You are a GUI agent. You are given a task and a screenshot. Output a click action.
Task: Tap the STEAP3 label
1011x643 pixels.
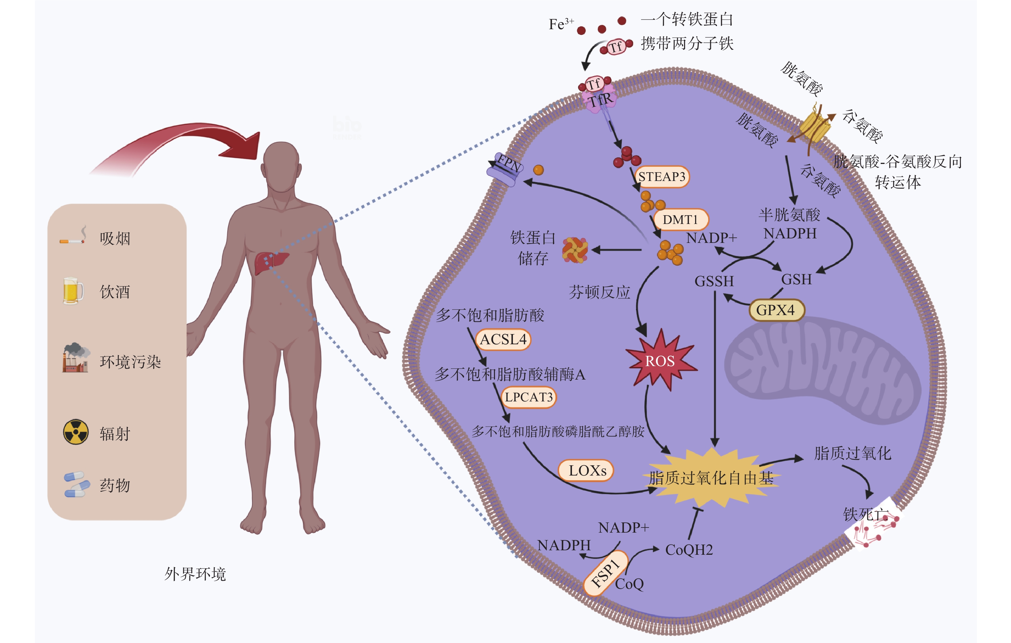662,177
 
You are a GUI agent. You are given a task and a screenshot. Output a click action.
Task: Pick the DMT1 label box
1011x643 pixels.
680,219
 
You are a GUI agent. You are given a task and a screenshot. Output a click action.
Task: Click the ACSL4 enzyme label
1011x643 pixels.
503,339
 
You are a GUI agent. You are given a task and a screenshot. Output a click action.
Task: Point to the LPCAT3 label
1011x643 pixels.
529,397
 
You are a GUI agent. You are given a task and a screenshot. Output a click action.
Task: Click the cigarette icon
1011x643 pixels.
73,237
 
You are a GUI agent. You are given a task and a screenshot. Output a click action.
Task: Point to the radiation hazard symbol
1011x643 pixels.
75,432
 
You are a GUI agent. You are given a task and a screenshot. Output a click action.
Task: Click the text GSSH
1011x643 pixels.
714,281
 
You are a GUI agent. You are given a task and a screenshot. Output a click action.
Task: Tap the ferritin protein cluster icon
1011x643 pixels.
575,250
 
